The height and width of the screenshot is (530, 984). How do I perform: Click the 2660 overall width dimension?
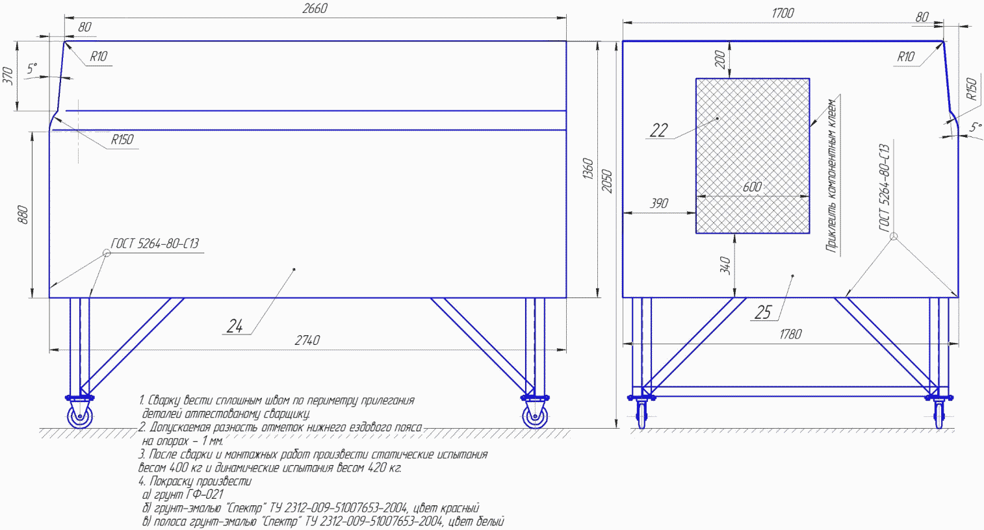[x=315, y=9]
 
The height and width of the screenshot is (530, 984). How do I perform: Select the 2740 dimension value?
[x=307, y=340]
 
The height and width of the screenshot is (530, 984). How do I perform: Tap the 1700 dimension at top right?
[x=783, y=13]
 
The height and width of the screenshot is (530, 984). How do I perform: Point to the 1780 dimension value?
[x=790, y=334]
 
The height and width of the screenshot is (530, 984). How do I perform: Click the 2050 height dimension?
[x=607, y=181]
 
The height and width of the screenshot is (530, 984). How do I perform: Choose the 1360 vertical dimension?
[x=588, y=169]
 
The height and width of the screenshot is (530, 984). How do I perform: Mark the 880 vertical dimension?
[x=23, y=215]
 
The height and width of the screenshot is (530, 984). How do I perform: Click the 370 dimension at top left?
[x=8, y=76]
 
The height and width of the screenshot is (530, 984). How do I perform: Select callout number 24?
[x=235, y=326]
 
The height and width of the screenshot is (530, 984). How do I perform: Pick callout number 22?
[x=658, y=130]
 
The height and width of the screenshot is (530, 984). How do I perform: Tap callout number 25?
[x=762, y=312]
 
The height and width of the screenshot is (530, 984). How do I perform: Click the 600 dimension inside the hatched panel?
[x=752, y=187]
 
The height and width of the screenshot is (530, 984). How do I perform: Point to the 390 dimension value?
[x=659, y=203]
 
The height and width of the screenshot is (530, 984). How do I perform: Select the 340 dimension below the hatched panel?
[x=725, y=265]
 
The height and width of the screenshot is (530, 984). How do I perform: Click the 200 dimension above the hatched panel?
[x=720, y=60]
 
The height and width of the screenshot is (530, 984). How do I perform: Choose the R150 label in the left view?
[x=122, y=140]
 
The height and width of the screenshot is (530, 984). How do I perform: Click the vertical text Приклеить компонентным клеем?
[x=833, y=175]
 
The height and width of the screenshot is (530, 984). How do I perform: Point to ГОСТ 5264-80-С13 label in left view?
[x=155, y=244]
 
